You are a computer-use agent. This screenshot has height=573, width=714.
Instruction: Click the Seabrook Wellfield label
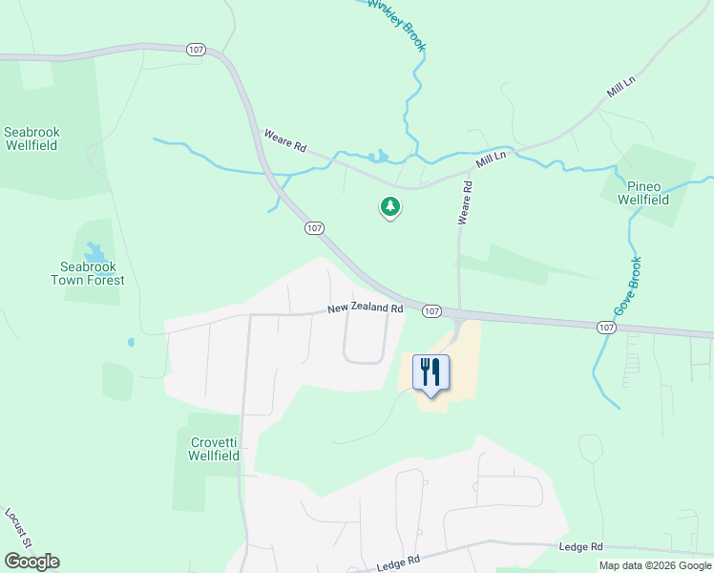click(31, 138)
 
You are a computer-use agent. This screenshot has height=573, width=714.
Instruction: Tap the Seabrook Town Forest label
click(87, 273)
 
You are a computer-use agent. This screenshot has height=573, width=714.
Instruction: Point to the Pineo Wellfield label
click(642, 193)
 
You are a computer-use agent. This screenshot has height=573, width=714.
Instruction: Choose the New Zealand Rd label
click(365, 308)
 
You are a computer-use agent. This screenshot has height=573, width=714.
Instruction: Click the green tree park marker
click(389, 205)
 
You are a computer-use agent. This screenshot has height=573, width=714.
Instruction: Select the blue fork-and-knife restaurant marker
click(430, 371)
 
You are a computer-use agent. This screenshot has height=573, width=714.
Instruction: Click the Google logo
click(31, 562)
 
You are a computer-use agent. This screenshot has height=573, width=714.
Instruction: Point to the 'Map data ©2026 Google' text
click(656, 565)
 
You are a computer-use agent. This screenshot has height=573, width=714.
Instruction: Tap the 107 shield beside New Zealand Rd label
click(430, 311)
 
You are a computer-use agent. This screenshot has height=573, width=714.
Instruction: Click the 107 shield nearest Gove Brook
click(605, 327)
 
